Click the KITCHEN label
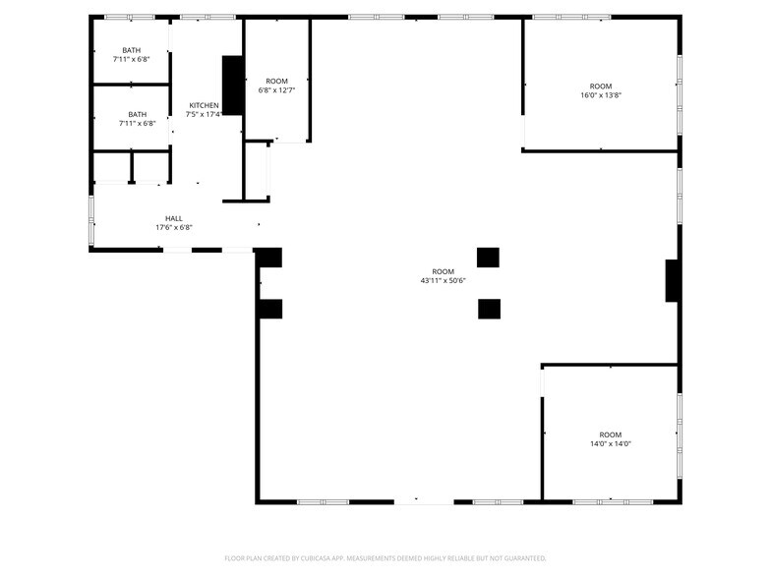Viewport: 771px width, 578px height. pos(204,105)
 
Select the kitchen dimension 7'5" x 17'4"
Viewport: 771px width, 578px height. pos(204,114)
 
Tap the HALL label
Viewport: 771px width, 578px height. pos(173,218)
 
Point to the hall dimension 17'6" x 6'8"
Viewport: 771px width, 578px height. pos(173,227)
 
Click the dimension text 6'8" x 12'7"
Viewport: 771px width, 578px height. pos(276,89)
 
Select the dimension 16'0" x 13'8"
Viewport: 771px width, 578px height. pos(601,95)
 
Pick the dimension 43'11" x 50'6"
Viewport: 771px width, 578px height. pos(443,280)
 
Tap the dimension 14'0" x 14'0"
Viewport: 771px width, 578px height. pos(611,443)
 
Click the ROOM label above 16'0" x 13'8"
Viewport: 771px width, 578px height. pos(601,87)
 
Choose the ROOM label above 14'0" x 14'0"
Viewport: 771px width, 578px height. pos(611,434)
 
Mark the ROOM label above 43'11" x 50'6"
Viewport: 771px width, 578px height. pos(444,271)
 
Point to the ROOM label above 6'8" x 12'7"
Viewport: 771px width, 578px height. pos(276,81)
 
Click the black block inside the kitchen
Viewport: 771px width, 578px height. pos(233,86)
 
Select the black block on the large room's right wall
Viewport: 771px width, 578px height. pos(673,281)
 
